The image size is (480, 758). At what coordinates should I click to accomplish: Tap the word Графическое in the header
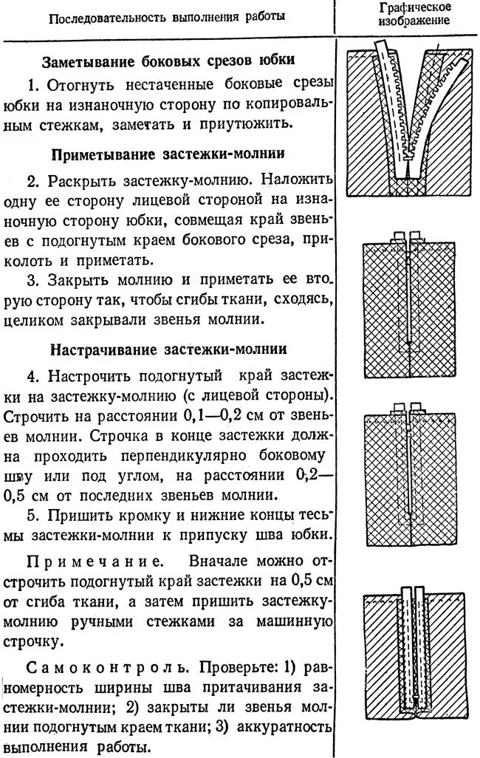(x=405, y=7)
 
